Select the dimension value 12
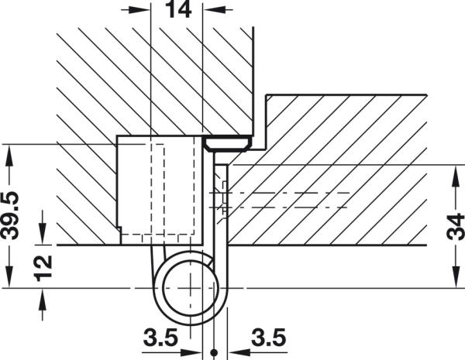pyautogui.click(x=43, y=269)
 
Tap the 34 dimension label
pyautogui.click(x=456, y=227)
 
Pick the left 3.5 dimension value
pyautogui.click(x=160, y=338)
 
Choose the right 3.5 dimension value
pyautogui.click(x=269, y=338)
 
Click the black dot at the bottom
pyautogui.click(x=214, y=352)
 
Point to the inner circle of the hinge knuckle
pyautogui.click(x=191, y=288)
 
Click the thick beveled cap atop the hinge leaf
pyautogui.click(x=227, y=144)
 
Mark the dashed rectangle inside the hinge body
pyautogui.click(x=157, y=189)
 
